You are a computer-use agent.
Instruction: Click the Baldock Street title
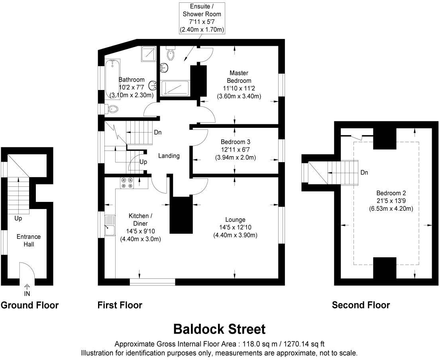click(220, 329)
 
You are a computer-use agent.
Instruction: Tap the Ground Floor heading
click(29, 305)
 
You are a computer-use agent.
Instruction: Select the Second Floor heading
click(361, 305)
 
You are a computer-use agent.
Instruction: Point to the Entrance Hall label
click(28, 240)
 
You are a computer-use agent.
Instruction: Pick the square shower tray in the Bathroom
click(148, 54)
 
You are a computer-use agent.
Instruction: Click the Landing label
click(169, 156)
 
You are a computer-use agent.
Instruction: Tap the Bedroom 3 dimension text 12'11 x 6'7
click(235, 149)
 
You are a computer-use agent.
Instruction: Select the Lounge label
click(235, 219)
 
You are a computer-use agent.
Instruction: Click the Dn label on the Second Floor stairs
click(364, 172)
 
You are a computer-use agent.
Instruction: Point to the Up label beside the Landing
click(143, 162)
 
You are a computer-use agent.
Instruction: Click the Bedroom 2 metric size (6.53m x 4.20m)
click(391, 208)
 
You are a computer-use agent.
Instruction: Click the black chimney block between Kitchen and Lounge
click(181, 215)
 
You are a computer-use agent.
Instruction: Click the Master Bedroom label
click(239, 77)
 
